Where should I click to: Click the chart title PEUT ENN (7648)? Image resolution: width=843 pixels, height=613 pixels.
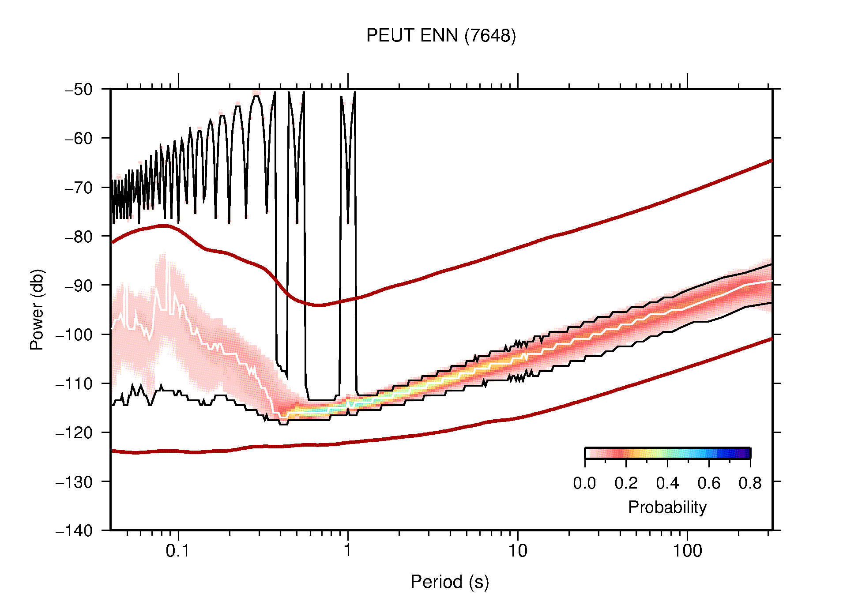(441, 36)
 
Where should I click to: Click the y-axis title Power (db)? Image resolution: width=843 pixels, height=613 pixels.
(37, 309)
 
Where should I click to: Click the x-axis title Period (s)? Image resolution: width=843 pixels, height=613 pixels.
(450, 582)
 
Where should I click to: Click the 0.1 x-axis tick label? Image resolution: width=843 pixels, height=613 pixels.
(178, 551)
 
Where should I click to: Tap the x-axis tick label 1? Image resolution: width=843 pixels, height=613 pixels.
(348, 551)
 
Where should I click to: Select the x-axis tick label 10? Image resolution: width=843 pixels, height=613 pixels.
(517, 551)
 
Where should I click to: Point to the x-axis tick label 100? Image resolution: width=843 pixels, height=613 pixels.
(687, 551)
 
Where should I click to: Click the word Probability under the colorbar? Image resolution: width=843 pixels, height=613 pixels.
(667, 507)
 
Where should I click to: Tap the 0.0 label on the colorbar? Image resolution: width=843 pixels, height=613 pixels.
(584, 483)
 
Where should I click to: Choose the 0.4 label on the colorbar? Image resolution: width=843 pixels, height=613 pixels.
(667, 483)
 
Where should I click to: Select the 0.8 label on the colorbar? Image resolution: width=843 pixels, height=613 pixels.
(750, 483)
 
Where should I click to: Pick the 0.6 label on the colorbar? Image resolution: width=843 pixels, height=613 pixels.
(709, 483)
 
